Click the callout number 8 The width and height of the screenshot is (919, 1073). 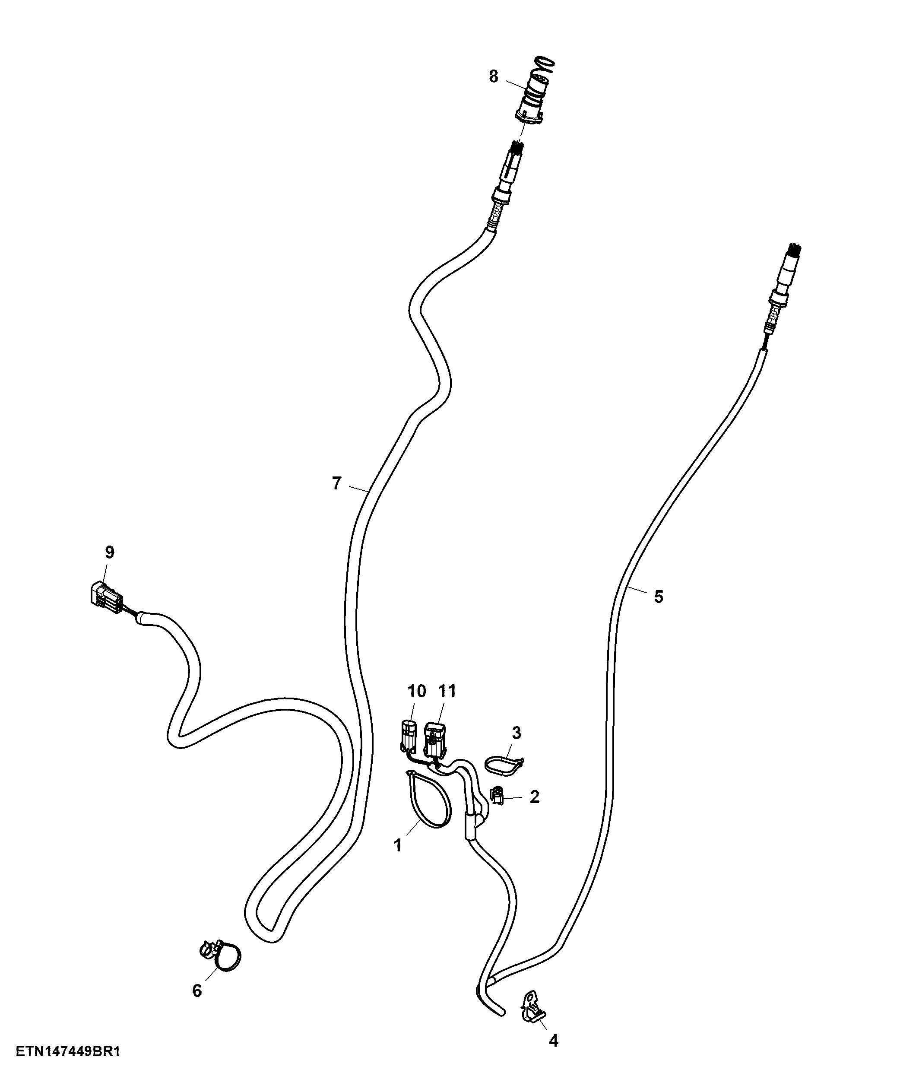pos(494,76)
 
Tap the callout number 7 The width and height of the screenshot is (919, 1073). pos(336,484)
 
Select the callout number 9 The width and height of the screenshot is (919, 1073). pos(109,552)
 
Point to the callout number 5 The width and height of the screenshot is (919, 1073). pos(658,597)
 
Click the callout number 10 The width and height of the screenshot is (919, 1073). pos(417,691)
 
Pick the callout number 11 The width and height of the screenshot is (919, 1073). pos(447,691)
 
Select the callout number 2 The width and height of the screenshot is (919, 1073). pos(534,797)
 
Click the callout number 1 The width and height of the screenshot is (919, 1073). pos(398,846)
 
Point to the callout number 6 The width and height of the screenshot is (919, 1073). pos(197,990)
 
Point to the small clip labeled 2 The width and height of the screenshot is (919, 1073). pos(497,794)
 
